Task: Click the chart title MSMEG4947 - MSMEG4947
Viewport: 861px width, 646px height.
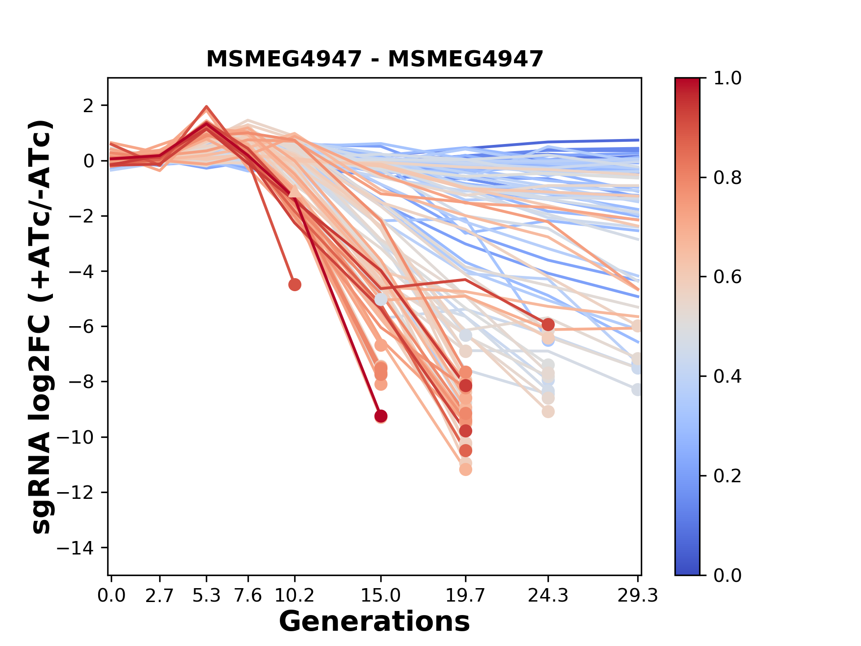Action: [374, 59]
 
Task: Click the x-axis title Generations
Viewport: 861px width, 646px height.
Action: [374, 622]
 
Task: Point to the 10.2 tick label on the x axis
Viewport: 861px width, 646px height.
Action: [294, 596]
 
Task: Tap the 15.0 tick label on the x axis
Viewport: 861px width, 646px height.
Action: [381, 596]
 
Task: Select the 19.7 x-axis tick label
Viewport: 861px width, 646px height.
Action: [465, 596]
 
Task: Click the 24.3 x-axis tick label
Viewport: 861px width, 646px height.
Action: [548, 596]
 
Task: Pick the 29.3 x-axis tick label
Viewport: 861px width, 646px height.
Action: [638, 596]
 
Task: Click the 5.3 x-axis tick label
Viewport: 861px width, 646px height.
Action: [206, 596]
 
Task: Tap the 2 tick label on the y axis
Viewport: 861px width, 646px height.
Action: [89, 105]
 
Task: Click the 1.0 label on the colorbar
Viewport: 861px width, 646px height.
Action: [727, 78]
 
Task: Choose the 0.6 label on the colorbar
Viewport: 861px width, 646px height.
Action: [727, 277]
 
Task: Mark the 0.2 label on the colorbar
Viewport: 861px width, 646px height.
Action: [727, 476]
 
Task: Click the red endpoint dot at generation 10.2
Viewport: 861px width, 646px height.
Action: [295, 284]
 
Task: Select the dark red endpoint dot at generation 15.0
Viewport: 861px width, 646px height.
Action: [381, 416]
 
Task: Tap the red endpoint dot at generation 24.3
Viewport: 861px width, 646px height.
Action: [548, 324]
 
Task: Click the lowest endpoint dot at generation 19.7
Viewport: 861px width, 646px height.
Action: [465, 470]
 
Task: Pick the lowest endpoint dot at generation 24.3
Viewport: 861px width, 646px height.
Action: [548, 411]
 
